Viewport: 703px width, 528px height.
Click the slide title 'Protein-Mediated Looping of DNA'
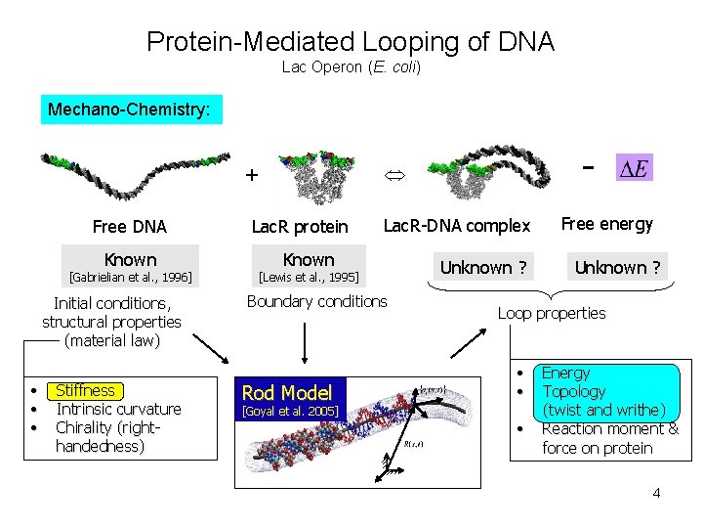(x=351, y=42)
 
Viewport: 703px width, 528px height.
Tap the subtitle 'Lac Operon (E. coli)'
(x=351, y=67)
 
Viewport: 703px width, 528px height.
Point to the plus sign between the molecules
(x=252, y=176)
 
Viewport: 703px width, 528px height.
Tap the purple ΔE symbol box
(x=634, y=168)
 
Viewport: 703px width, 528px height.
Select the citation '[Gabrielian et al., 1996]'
(x=130, y=278)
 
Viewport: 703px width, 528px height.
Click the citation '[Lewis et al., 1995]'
(x=309, y=278)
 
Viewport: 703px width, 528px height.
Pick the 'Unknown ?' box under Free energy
(x=617, y=267)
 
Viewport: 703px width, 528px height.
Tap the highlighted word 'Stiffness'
(x=85, y=390)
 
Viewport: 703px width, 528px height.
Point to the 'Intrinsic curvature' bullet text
(x=118, y=409)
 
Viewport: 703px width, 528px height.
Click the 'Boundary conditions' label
(x=316, y=301)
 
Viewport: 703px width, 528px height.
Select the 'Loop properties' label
(x=551, y=313)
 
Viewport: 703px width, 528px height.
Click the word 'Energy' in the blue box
(x=565, y=373)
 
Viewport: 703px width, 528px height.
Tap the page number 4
(x=656, y=493)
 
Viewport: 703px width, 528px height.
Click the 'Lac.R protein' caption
(x=300, y=227)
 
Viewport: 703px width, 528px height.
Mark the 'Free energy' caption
(x=607, y=224)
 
